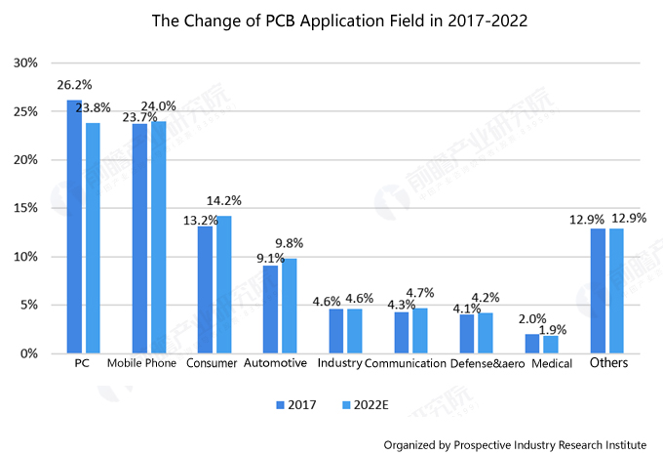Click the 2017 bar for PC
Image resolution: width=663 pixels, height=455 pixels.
click(74, 227)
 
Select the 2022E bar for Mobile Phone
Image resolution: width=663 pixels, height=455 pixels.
click(158, 237)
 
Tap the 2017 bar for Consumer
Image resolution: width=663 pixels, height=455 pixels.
click(205, 290)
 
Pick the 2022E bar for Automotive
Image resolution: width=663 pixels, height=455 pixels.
click(289, 306)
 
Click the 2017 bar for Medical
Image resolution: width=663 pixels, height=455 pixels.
click(532, 344)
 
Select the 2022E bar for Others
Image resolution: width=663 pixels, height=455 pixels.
click(615, 291)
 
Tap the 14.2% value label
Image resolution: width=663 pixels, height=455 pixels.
click(224, 201)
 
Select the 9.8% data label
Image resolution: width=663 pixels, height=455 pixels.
click(290, 244)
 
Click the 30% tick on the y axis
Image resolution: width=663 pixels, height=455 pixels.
click(25, 63)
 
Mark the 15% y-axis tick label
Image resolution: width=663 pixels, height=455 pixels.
click(25, 208)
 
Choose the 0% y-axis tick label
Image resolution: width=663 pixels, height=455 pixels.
click(28, 353)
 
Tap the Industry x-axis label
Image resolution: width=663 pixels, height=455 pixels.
click(340, 363)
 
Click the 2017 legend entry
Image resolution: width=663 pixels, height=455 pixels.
click(296, 403)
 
